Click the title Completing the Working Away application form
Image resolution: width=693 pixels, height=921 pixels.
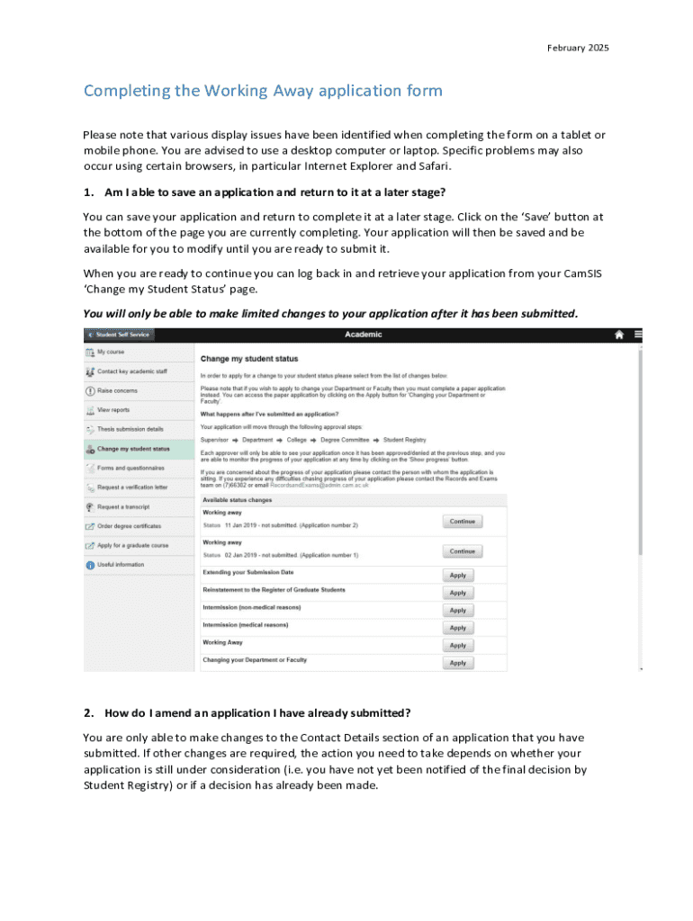point(263,91)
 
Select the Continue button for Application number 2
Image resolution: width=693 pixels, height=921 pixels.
point(462,522)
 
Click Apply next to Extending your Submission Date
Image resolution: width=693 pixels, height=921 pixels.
point(457,576)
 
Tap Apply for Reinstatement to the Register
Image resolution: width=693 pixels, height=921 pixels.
point(457,593)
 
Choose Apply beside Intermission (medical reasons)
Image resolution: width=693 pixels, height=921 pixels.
point(457,628)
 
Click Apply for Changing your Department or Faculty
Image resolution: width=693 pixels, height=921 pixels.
point(457,663)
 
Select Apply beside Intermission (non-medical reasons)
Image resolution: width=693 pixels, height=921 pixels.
point(457,611)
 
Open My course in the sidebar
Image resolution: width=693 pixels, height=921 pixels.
point(112,353)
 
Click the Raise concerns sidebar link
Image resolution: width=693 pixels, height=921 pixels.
point(118,391)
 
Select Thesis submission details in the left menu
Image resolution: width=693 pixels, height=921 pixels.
point(130,429)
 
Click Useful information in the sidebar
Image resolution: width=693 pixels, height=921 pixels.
point(121,565)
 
